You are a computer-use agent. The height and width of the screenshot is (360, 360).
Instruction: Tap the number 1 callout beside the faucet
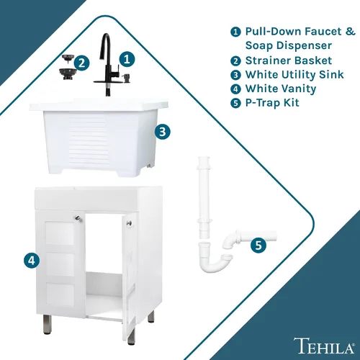[x=127, y=59]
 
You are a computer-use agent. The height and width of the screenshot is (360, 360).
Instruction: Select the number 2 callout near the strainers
[x=81, y=63]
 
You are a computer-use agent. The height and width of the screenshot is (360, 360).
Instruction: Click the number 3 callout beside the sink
[x=163, y=132]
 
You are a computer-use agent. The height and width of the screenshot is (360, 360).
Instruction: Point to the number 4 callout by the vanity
[x=32, y=260]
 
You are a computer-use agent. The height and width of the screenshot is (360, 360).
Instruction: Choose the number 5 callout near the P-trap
[x=258, y=246]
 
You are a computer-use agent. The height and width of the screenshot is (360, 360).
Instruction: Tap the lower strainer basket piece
[x=68, y=74]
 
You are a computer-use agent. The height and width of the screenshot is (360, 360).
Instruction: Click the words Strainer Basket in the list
[x=289, y=60]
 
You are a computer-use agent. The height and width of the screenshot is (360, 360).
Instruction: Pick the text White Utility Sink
[x=294, y=75]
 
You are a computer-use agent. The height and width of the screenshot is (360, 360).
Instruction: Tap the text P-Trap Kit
[x=272, y=103]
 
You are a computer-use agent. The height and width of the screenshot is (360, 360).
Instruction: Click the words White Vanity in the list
[x=281, y=89]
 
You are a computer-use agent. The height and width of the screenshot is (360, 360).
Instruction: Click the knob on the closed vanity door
[x=78, y=217]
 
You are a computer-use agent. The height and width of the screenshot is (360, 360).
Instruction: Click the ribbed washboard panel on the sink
[x=87, y=139]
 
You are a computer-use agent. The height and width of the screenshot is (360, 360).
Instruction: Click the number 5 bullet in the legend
[x=235, y=103]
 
